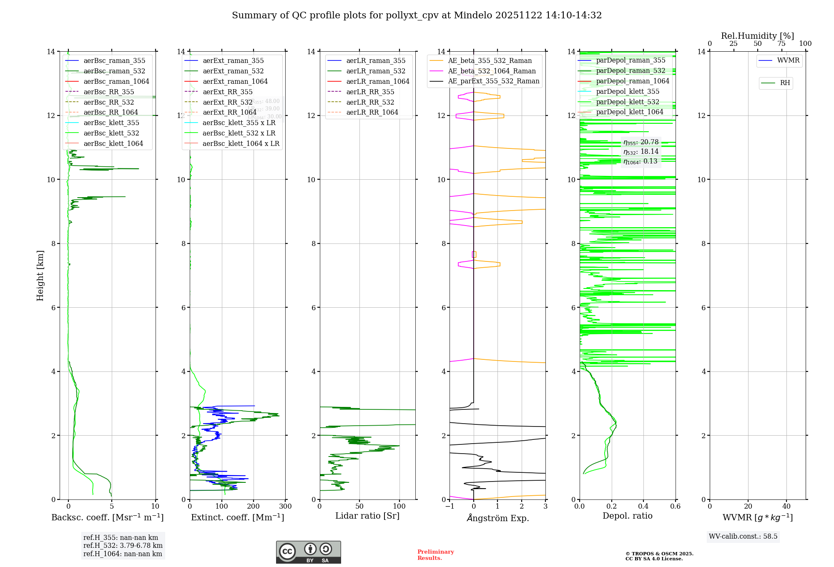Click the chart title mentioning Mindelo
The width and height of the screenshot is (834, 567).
pyautogui.click(x=417, y=15)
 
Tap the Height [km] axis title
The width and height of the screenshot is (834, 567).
pyautogui.click(x=40, y=276)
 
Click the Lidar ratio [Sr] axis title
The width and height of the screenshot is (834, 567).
pyautogui.click(x=367, y=516)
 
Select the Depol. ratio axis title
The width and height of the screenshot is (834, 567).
pyautogui.click(x=627, y=516)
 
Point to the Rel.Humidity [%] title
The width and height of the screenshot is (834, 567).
pyautogui.click(x=757, y=36)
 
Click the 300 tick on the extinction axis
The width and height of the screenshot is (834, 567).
pyautogui.click(x=285, y=507)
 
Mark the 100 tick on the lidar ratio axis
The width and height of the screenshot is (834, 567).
pyautogui.click(x=399, y=506)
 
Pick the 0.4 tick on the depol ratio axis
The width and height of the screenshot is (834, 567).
pyautogui.click(x=643, y=507)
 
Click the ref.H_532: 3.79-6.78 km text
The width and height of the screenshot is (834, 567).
pyautogui.click(x=123, y=545)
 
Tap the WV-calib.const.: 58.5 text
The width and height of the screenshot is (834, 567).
pyautogui.click(x=743, y=536)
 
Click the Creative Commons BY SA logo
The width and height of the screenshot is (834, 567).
pyautogui.click(x=308, y=552)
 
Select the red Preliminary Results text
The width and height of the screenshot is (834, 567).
pyautogui.click(x=435, y=555)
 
